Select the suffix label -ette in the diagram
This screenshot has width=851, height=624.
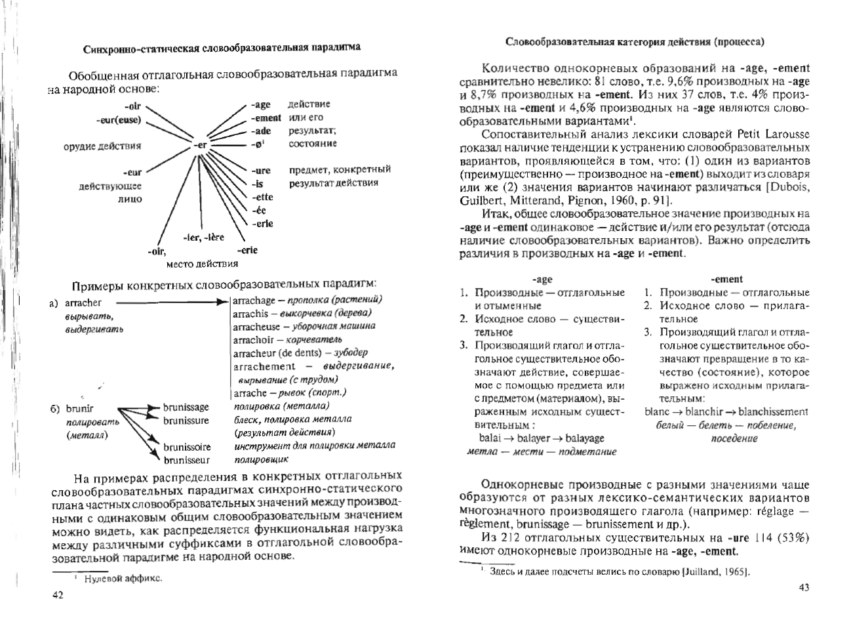pos(263,197)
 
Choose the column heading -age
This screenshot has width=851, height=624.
pos(542,279)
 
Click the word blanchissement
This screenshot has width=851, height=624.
pos(773,412)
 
